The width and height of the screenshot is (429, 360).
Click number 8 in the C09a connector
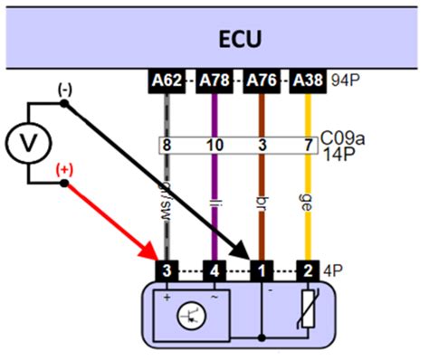point(167,145)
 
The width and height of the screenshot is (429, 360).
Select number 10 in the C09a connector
point(214,145)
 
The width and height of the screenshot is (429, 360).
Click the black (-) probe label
point(64,90)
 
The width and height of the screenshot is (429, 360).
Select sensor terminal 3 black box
point(167,270)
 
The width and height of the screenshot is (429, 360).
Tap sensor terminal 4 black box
point(214,270)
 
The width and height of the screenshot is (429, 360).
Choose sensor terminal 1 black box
point(262,270)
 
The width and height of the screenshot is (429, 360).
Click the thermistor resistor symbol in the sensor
point(311,313)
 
